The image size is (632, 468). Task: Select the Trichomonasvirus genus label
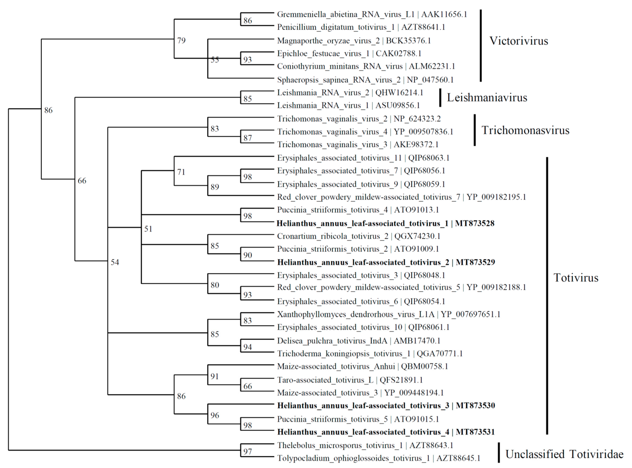pyautogui.click(x=525, y=130)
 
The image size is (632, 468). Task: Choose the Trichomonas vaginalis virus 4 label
pyautogui.click(x=365, y=132)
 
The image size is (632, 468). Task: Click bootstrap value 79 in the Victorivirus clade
pyautogui.click(x=181, y=40)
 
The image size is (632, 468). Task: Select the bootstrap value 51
pyautogui.click(x=148, y=229)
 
